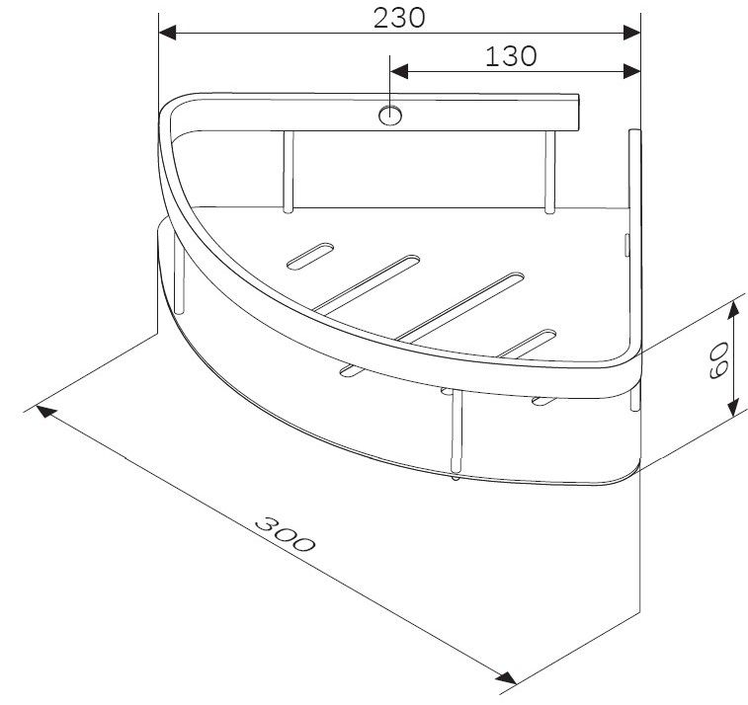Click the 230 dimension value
[399, 18]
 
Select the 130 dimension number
[511, 56]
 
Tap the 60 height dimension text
[719, 359]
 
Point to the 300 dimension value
[286, 534]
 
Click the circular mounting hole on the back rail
[390, 116]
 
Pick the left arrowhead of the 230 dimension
[167, 33]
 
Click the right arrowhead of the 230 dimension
[631, 33]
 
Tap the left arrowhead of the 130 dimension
[399, 71]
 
